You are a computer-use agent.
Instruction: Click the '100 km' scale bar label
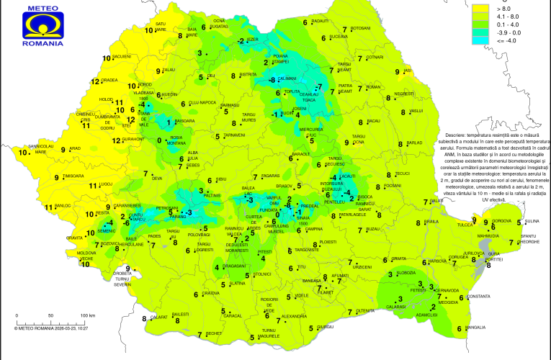pos(88,315)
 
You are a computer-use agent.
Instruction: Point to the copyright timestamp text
pos(50,328)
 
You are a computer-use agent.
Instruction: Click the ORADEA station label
pos(110,80)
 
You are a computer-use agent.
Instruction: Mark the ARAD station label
pos(75,148)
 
